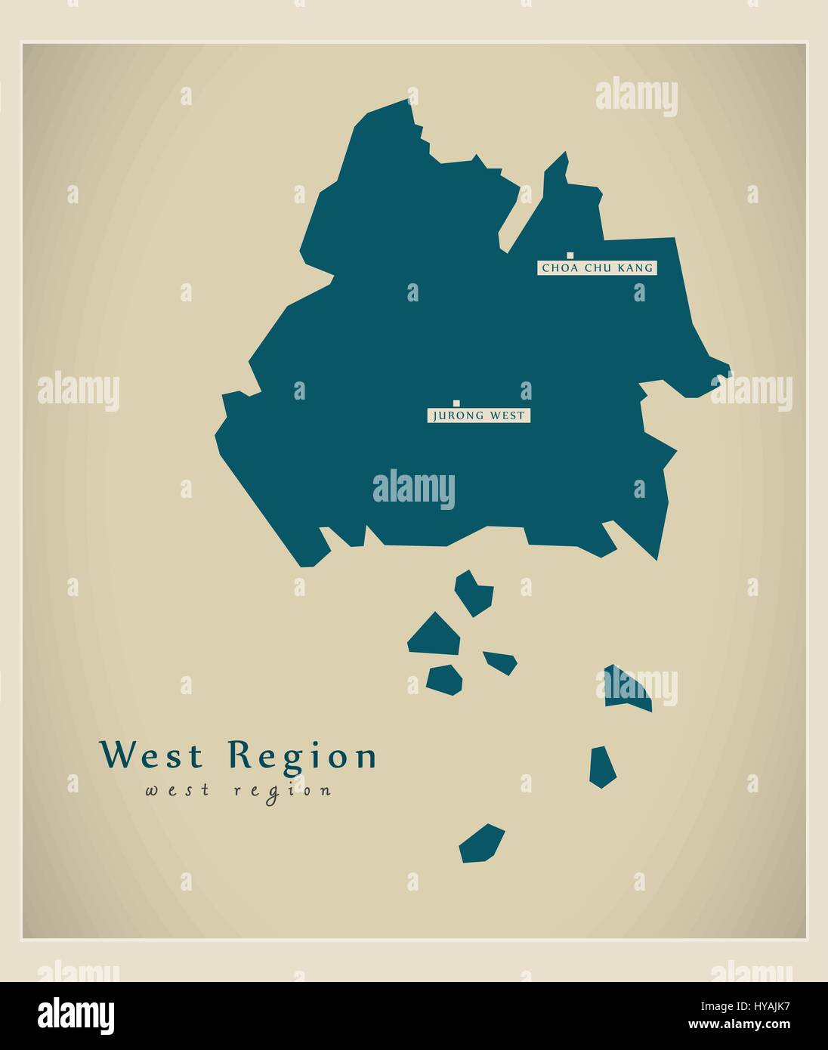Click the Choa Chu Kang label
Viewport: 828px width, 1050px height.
coord(597,267)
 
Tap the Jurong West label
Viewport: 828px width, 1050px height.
coord(478,415)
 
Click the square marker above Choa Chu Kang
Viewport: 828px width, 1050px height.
coord(570,256)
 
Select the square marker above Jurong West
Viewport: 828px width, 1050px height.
coord(456,403)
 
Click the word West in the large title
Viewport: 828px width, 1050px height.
coord(153,755)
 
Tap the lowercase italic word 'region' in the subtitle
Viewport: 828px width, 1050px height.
coord(283,791)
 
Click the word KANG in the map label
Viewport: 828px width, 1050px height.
coord(635,267)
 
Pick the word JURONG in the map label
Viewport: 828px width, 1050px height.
coord(453,415)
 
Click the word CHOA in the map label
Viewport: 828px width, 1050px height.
coord(555,267)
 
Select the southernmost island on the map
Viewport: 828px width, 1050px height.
coord(481,844)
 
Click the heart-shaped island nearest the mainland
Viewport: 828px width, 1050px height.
coord(474,592)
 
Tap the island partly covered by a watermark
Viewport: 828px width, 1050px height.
coord(627,688)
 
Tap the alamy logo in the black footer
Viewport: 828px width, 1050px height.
coord(77,1012)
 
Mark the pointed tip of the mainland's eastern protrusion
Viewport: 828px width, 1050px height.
coord(731,371)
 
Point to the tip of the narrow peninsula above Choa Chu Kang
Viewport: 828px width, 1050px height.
coord(565,153)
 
